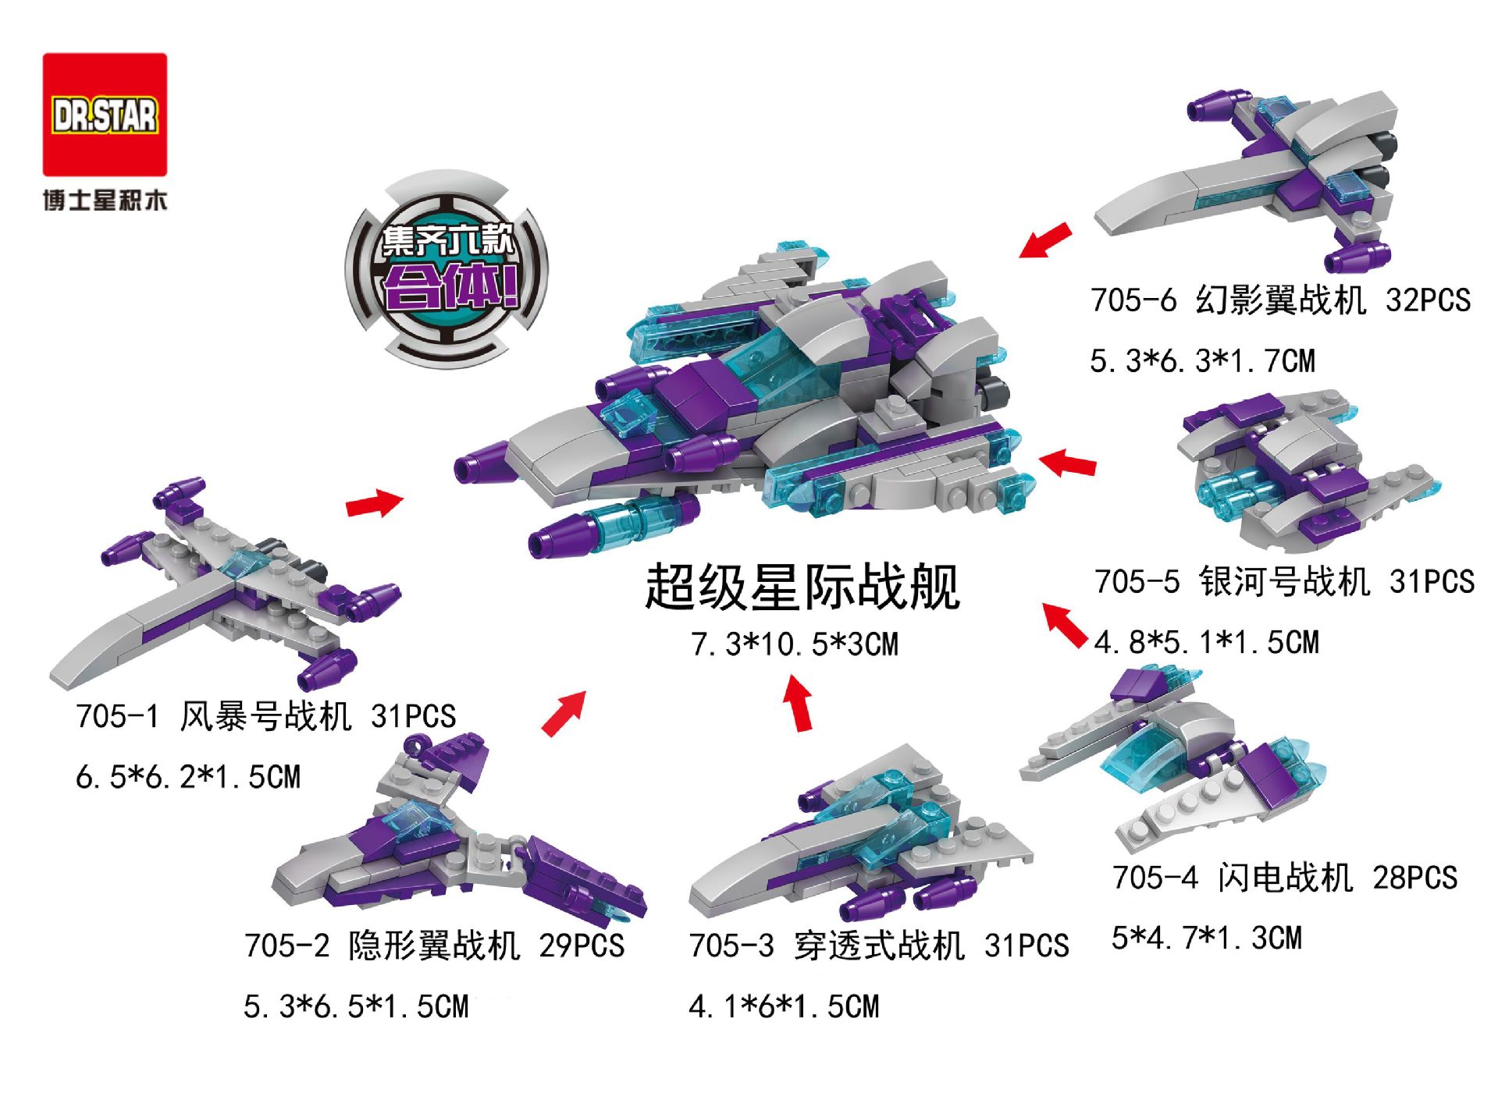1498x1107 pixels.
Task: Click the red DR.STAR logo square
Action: coord(105,115)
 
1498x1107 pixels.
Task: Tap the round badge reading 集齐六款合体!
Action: coord(447,270)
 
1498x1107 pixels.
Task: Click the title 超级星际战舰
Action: coord(802,587)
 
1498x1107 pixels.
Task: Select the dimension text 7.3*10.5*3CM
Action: coord(795,644)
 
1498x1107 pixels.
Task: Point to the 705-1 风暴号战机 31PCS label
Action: coord(265,716)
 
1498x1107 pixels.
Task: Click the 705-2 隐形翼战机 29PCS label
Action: coord(434,946)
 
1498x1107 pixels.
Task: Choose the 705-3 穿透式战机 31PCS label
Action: coord(878,946)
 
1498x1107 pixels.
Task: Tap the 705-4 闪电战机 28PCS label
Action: coord(1285,878)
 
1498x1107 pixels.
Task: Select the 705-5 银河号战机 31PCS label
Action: coord(1284,581)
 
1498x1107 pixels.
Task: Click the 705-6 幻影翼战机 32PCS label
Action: coord(1280,300)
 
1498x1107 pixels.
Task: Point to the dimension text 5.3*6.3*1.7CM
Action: coord(1202,361)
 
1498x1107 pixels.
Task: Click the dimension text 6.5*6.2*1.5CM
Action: coord(188,777)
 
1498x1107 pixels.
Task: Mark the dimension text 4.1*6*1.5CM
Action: coord(784,1006)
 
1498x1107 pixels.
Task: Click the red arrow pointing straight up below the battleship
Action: coord(799,703)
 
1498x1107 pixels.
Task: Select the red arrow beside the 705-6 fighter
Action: coord(1045,239)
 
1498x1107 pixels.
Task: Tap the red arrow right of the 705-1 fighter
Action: coord(375,503)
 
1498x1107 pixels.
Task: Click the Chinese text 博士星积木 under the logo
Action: coord(105,200)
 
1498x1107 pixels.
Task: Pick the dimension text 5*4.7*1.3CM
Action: coord(1207,938)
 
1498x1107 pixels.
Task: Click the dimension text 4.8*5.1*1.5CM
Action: coord(1206,642)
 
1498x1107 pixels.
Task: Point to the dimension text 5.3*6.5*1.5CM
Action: coord(356,1006)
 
